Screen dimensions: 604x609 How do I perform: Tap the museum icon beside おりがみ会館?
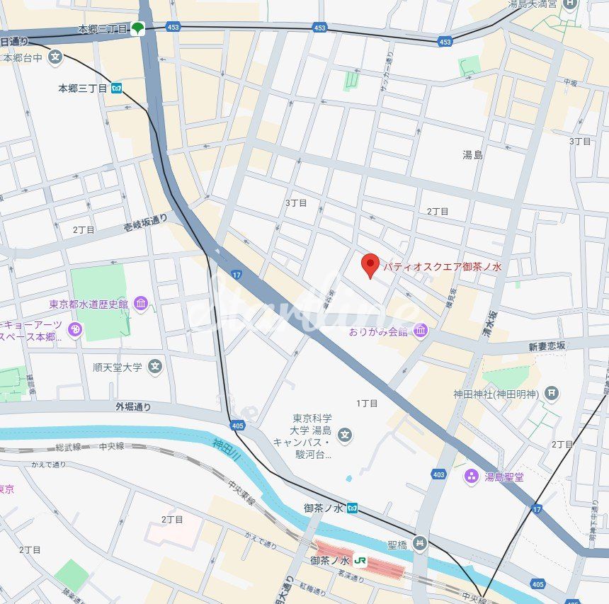tap(421, 331)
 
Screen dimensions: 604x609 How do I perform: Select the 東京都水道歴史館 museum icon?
tap(141, 304)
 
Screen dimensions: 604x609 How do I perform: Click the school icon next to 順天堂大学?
tap(155, 367)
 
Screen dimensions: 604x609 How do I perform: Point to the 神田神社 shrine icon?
tap(552, 393)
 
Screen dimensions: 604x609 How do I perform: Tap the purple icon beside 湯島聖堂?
tap(472, 477)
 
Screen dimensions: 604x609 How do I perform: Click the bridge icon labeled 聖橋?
tap(421, 543)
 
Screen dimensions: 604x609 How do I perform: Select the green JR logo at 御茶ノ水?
tap(360, 560)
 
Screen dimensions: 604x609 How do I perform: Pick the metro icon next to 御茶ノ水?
tap(352, 508)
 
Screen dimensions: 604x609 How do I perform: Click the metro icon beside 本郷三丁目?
tap(116, 89)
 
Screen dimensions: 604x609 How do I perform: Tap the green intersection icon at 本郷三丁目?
tap(138, 29)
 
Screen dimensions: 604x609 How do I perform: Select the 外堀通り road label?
tap(133, 406)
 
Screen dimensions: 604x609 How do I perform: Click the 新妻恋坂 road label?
tap(547, 346)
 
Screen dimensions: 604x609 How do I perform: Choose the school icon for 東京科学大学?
tap(345, 434)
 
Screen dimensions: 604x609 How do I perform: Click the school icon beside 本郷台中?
tap(56, 57)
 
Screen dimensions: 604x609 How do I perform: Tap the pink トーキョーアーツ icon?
tap(75, 329)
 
